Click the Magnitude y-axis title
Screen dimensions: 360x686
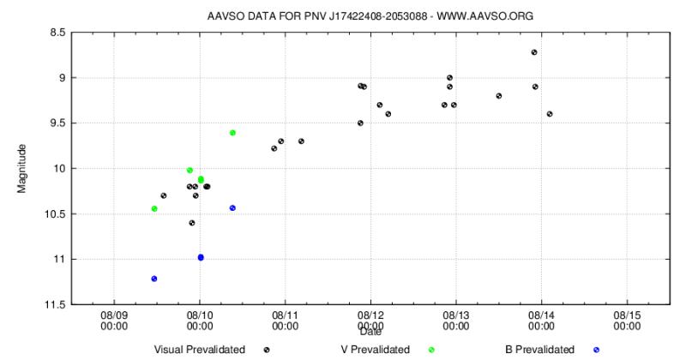pos(22,169)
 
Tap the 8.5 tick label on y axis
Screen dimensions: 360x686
pos(57,33)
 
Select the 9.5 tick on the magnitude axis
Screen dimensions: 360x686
pos(57,123)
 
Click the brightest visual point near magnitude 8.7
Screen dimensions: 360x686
pos(534,52)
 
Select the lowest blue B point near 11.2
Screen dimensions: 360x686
pos(154,279)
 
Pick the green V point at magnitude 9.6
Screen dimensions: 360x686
pos(232,133)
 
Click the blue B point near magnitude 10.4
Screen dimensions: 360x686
pos(232,208)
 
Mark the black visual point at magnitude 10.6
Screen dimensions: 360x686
pos(192,223)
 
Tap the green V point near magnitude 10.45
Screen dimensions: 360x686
pos(154,208)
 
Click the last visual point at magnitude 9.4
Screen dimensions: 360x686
pos(550,114)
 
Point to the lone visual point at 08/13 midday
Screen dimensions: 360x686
pos(498,96)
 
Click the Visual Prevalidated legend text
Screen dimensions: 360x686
pos(199,349)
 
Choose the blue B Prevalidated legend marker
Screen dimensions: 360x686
pos(596,350)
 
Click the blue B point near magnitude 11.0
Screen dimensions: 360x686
pos(201,257)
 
